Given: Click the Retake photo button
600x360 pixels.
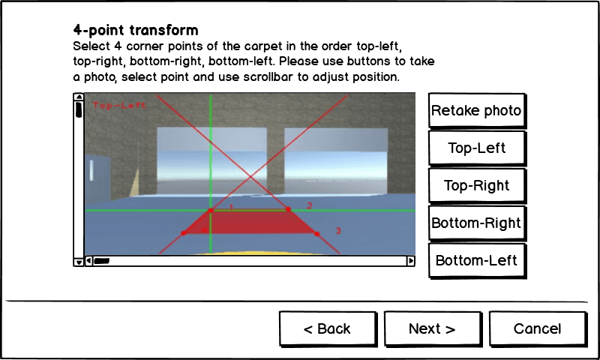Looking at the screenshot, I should tap(476, 111).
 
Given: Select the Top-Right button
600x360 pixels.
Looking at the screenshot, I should tap(476, 185).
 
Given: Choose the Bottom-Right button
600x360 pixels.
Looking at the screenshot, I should tap(476, 223).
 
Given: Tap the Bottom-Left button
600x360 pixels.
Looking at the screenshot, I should tap(476, 261).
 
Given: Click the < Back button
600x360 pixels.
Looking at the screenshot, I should tap(327, 328).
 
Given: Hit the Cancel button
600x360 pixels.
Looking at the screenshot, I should tap(537, 328).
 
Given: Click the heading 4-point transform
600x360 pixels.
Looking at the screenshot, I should tap(136, 30).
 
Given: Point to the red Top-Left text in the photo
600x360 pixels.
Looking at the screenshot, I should tap(118, 106).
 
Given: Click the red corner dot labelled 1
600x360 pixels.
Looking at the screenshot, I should tap(211, 210).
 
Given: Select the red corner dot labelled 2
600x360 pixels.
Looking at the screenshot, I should tap(288, 209).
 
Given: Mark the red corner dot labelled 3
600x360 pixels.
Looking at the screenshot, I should tap(316, 234).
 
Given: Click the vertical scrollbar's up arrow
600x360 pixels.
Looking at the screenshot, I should tap(78, 97).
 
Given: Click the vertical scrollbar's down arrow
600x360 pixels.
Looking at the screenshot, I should tap(78, 262).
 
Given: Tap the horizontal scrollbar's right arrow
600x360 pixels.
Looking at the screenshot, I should tap(410, 261).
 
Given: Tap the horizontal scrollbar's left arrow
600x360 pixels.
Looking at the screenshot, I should tap(89, 261).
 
